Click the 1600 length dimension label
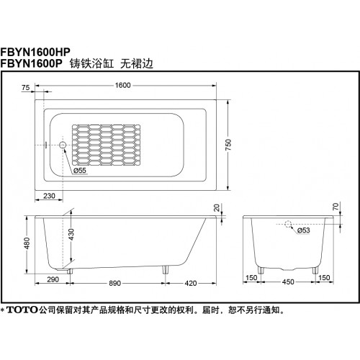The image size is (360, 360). (x=122, y=85)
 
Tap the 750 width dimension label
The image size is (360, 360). (x=228, y=145)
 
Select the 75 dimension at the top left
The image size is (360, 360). (x=25, y=88)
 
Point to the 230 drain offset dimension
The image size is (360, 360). (x=49, y=196)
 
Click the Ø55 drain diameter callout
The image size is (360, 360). (x=80, y=171)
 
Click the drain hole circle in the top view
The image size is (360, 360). (x=63, y=145)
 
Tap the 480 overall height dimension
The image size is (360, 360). (x=27, y=243)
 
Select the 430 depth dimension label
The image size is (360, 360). (x=71, y=235)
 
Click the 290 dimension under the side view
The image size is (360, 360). (x=53, y=279)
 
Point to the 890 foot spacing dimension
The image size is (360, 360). (x=114, y=283)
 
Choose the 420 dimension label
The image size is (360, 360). (x=191, y=283)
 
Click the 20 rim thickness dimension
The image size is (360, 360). (x=217, y=207)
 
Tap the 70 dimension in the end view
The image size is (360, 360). (x=336, y=207)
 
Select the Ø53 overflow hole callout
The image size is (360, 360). (x=304, y=230)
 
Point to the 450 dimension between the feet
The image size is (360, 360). (x=288, y=282)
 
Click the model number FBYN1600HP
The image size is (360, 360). (x=35, y=52)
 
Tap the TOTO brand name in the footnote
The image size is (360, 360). (x=22, y=310)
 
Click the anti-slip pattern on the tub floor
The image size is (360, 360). (x=106, y=143)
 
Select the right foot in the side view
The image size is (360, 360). (x=166, y=270)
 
